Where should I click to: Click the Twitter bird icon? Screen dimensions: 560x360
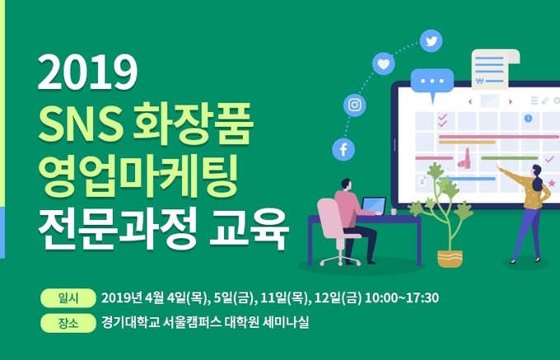pyautogui.click(x=431, y=41)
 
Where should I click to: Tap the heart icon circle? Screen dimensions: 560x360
pyautogui.click(x=384, y=64)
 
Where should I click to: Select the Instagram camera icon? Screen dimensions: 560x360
pyautogui.click(x=355, y=105)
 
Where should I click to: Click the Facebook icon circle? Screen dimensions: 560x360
pyautogui.click(x=343, y=149)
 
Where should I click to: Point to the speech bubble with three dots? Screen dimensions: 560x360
pyautogui.click(x=432, y=83)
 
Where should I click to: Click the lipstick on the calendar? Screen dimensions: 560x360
pyautogui.click(x=464, y=158)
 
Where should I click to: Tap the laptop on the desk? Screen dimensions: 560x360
pyautogui.click(x=374, y=206)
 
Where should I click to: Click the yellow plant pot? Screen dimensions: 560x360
pyautogui.click(x=450, y=259)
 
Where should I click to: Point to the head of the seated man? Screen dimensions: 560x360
pyautogui.click(x=346, y=185)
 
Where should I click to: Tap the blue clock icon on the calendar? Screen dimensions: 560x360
pyautogui.click(x=528, y=118)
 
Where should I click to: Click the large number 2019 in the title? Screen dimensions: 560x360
pyautogui.click(x=87, y=72)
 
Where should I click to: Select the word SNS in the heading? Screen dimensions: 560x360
pyautogui.click(x=79, y=124)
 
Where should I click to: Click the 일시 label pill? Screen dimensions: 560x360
pyautogui.click(x=68, y=298)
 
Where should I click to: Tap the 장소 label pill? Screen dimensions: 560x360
pyautogui.click(x=68, y=323)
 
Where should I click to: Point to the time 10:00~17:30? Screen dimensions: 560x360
pyautogui.click(x=402, y=298)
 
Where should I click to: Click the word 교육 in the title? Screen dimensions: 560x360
pyautogui.click(x=250, y=228)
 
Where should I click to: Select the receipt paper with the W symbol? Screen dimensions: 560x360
pyautogui.click(x=495, y=68)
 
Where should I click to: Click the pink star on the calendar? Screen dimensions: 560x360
pyautogui.click(x=552, y=183)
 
